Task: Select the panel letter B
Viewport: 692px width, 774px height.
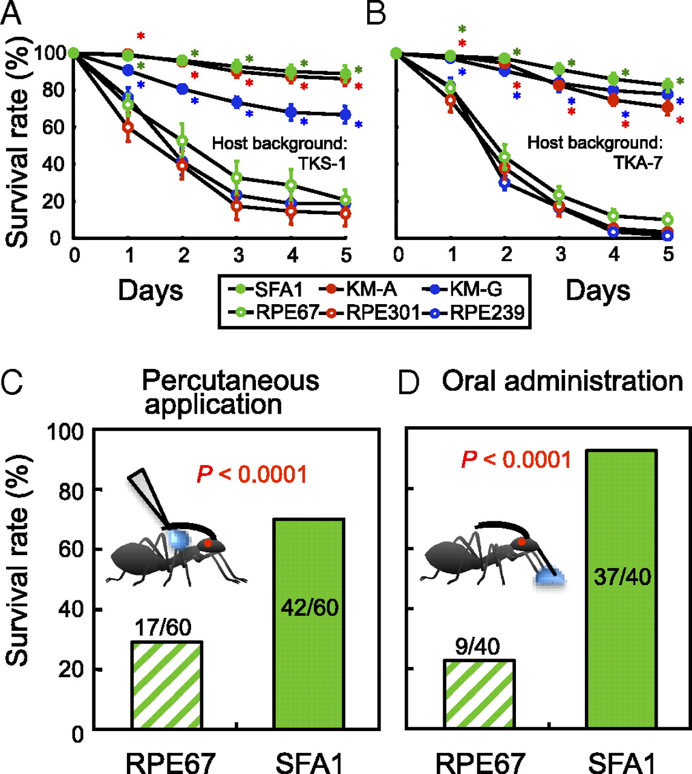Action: point(376,13)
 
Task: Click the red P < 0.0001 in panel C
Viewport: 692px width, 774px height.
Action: point(252,474)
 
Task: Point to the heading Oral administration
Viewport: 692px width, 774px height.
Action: point(563,382)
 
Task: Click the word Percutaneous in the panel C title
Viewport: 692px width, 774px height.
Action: point(230,381)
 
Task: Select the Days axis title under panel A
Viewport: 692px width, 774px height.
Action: point(151,290)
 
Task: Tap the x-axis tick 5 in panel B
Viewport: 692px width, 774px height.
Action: point(668,255)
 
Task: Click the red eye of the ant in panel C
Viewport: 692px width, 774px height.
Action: point(208,543)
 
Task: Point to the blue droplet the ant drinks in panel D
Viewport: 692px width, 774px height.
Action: point(550,576)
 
